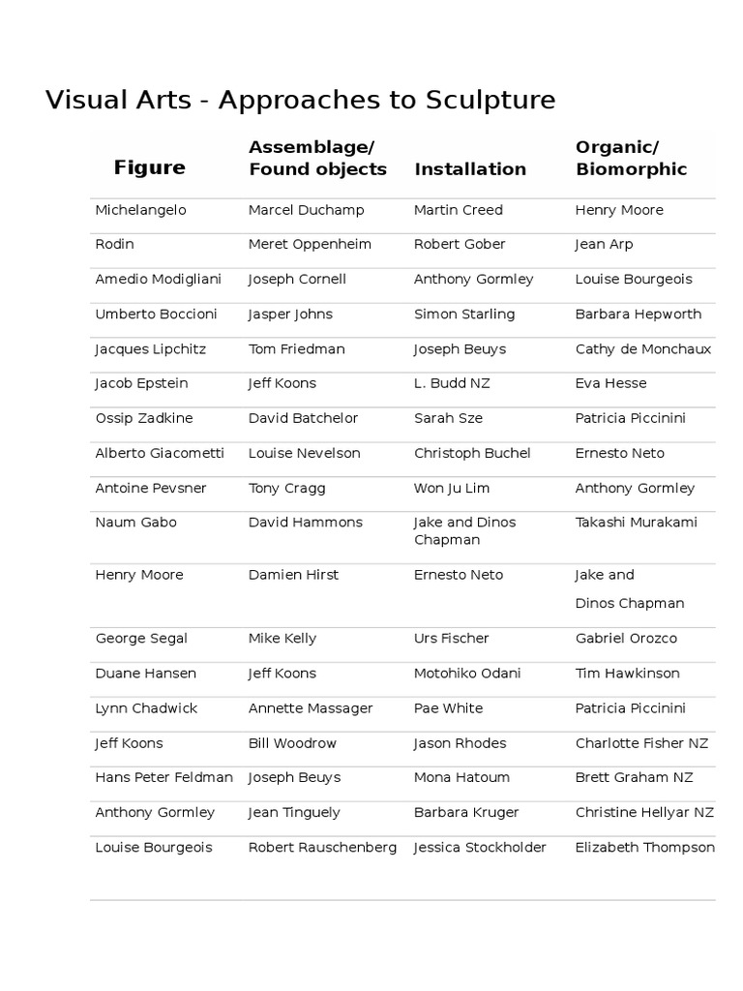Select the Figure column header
tap(149, 167)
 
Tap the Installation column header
tap(470, 169)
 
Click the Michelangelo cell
tap(140, 210)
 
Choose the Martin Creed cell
tap(459, 210)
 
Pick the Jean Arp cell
tap(604, 245)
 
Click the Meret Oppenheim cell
tap(310, 245)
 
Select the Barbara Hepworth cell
tap(639, 315)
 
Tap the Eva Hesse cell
tap(610, 383)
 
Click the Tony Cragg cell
tap(287, 488)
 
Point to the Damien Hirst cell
tap(293, 575)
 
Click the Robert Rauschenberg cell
tap(322, 848)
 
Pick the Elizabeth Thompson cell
tap(645, 848)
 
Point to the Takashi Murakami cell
tap(637, 523)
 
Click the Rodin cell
tap(114, 245)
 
